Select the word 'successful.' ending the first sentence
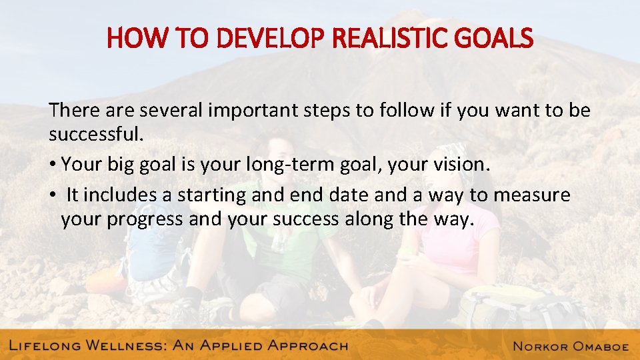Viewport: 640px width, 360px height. pos(96,135)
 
